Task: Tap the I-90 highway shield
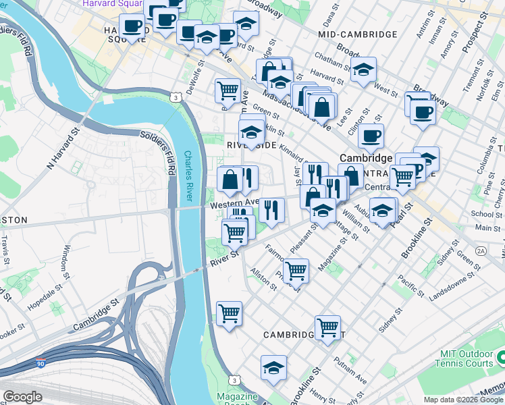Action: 41,362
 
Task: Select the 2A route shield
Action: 481,250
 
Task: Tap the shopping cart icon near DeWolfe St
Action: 228,90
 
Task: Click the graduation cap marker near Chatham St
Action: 363,70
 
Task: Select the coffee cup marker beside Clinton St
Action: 370,136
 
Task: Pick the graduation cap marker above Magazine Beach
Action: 273,368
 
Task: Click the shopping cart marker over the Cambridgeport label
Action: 327,327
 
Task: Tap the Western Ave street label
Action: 234,201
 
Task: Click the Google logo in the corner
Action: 22,396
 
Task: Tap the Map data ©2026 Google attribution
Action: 462,400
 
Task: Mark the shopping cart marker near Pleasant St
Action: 296,271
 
